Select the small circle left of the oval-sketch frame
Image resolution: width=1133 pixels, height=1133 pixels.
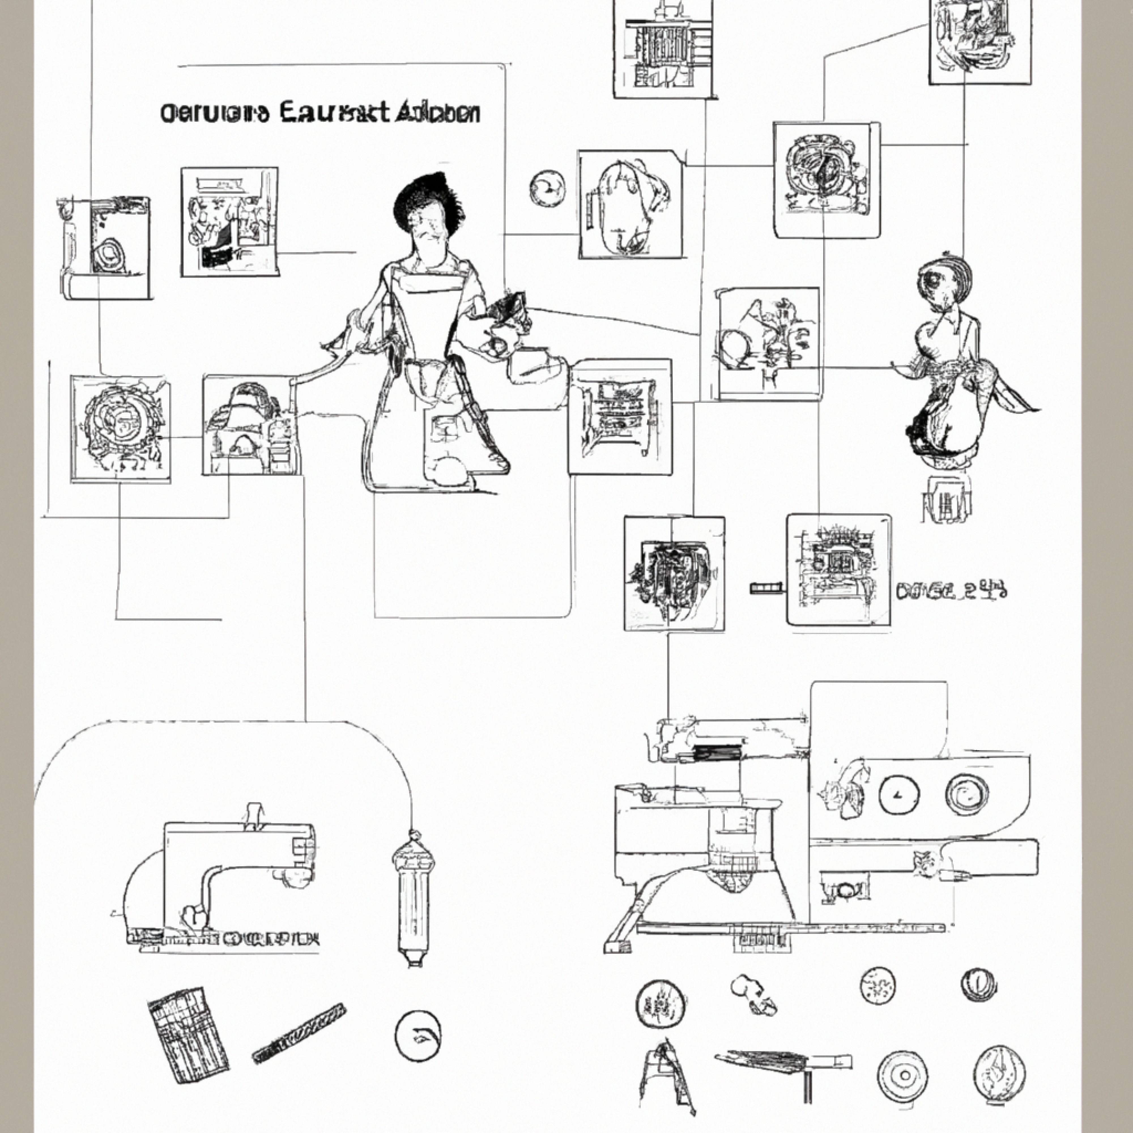click(548, 188)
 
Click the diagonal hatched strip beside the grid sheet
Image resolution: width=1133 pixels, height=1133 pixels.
click(299, 1032)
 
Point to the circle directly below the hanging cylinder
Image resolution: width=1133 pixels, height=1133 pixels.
click(418, 1036)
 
